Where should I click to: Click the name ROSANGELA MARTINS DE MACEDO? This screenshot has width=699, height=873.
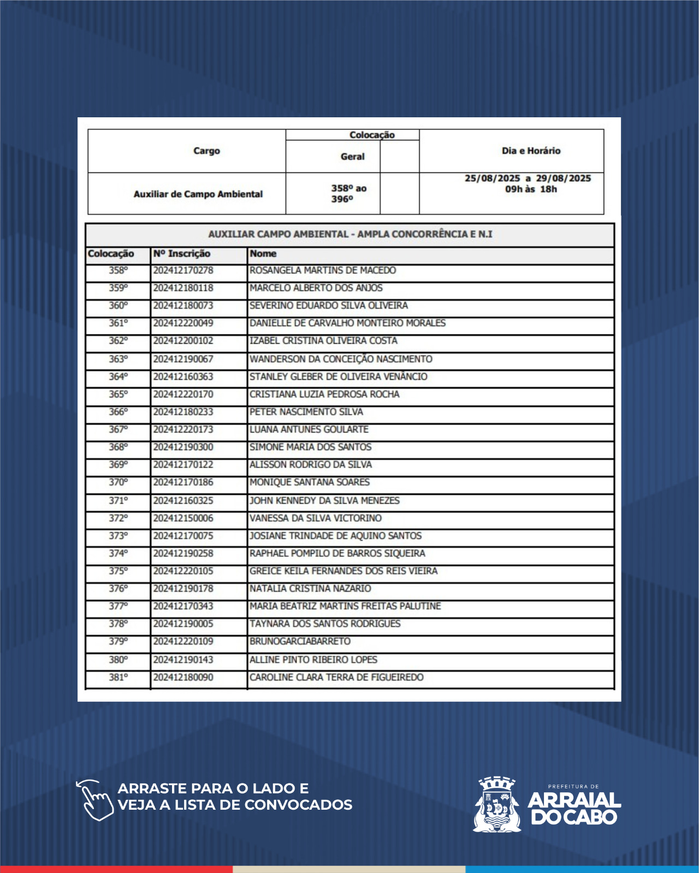click(323, 271)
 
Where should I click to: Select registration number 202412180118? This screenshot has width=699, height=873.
click(183, 288)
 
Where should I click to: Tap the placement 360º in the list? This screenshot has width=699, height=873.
click(118, 306)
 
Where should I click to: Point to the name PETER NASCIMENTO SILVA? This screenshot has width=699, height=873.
click(306, 412)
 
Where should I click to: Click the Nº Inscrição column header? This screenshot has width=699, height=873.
click(182, 254)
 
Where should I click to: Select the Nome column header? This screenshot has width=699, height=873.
click(263, 254)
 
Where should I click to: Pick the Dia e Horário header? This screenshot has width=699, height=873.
click(531, 151)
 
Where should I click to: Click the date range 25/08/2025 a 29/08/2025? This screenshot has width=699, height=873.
click(528, 178)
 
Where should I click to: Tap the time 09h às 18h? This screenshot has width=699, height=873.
click(531, 189)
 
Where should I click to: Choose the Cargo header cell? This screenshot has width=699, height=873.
click(206, 151)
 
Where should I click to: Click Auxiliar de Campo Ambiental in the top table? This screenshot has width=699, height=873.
click(198, 194)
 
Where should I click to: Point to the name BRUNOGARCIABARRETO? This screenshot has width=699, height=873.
click(300, 642)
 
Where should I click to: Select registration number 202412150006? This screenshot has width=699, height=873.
click(183, 518)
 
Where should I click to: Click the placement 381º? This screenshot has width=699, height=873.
click(118, 678)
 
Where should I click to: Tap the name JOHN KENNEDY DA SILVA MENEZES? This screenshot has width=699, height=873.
click(324, 501)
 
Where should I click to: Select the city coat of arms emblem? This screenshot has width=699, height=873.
click(496, 804)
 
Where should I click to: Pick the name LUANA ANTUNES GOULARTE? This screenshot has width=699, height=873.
click(309, 430)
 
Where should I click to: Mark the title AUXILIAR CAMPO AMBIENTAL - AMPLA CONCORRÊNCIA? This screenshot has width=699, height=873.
click(350, 235)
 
